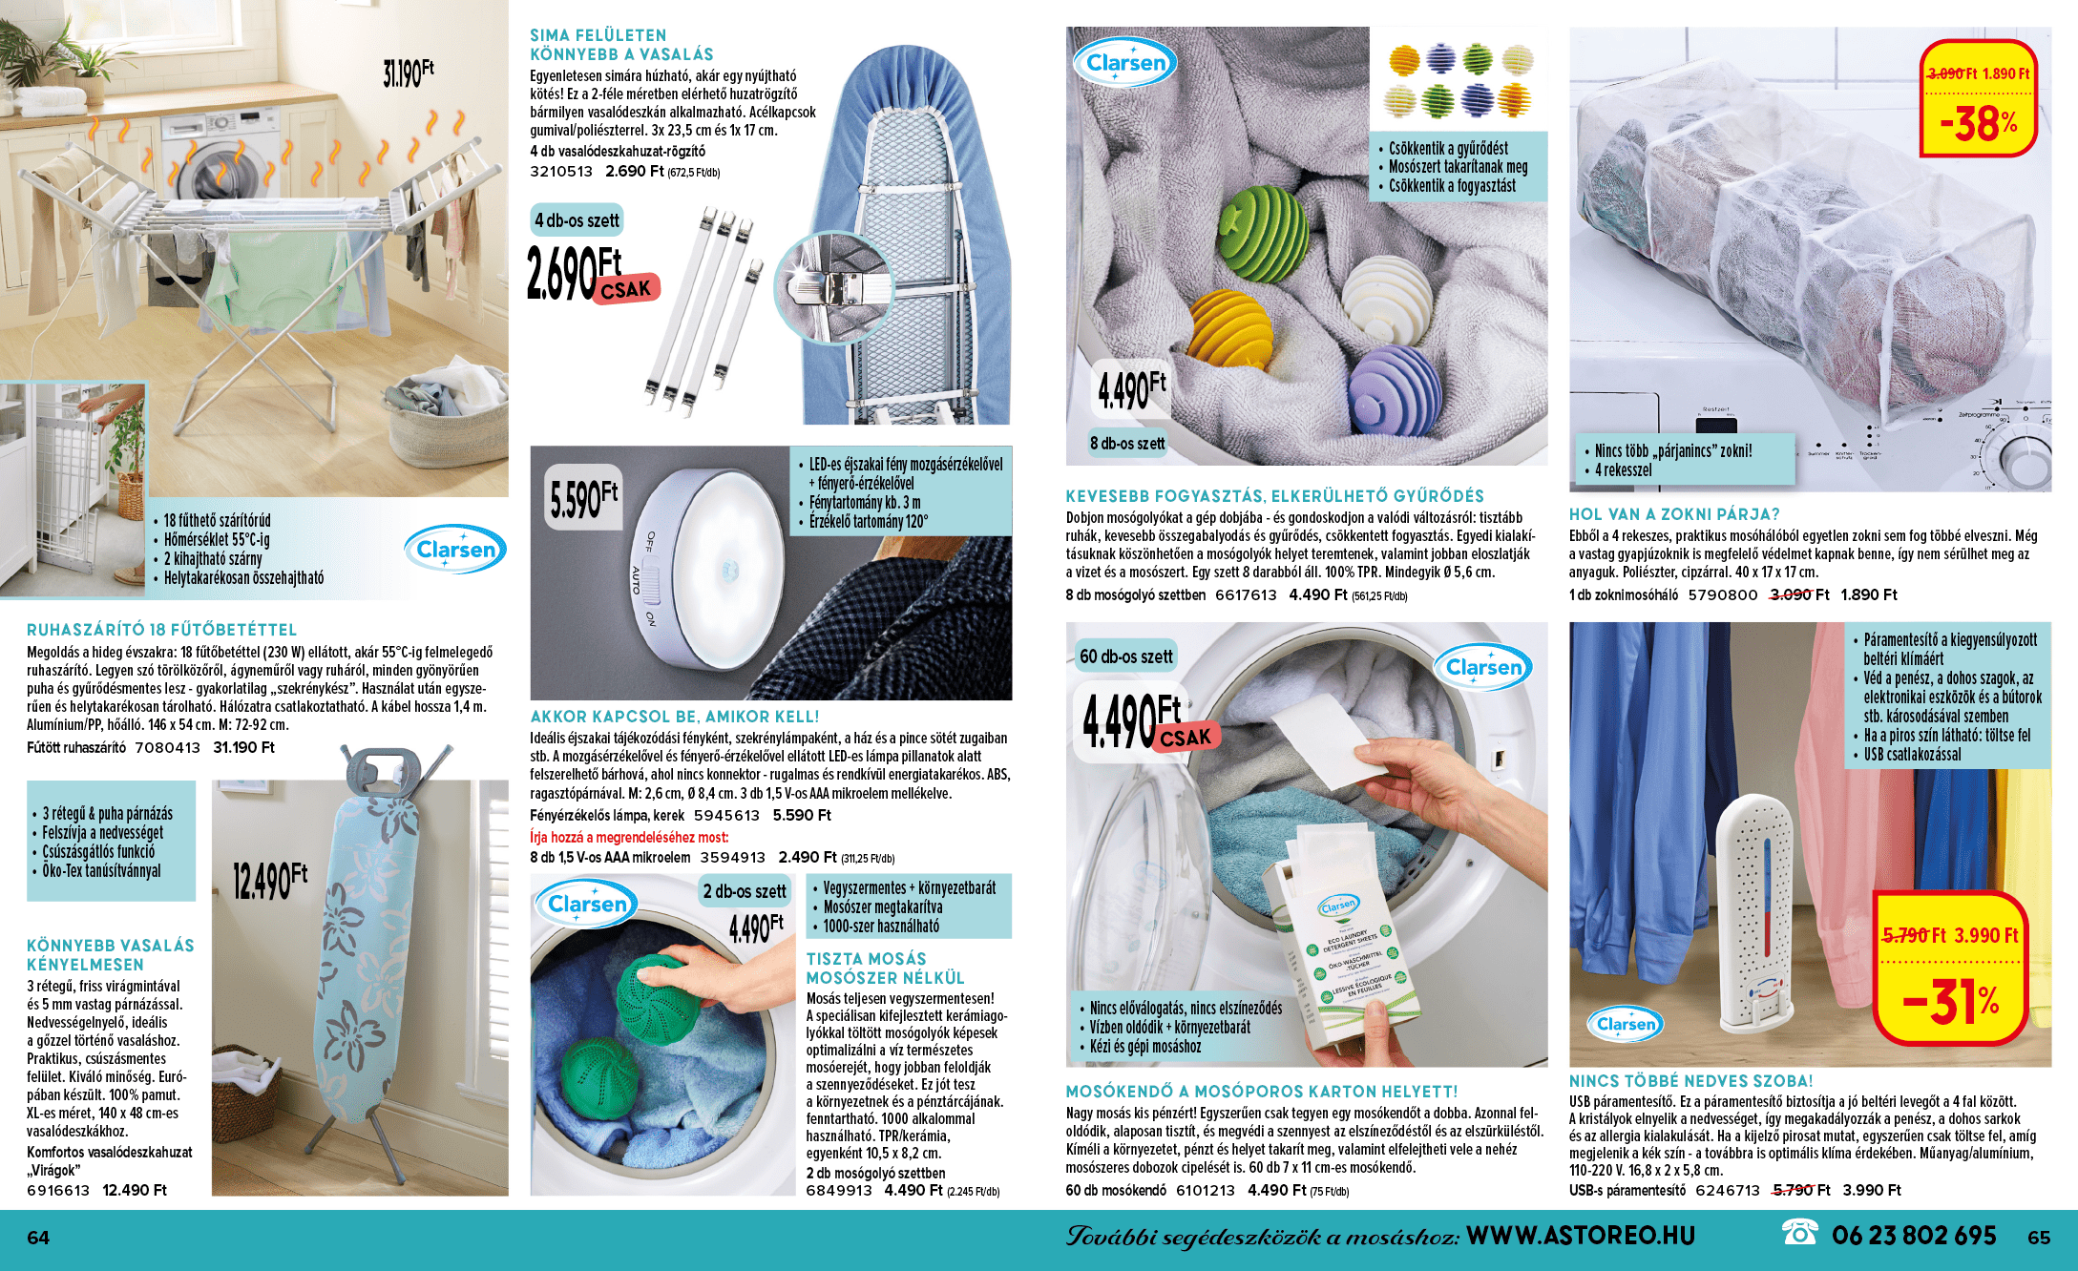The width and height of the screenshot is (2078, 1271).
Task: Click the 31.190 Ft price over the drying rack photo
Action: (x=409, y=73)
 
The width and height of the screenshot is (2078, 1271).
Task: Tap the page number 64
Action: (x=38, y=1238)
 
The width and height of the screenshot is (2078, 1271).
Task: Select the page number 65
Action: (x=2039, y=1238)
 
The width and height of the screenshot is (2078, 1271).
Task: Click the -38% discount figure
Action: (x=1979, y=124)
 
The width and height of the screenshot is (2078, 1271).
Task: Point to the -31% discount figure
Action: (x=1950, y=1001)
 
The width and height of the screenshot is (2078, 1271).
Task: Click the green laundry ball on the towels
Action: (x=1264, y=233)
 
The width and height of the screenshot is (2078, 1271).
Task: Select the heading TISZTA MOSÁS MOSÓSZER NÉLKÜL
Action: (x=885, y=968)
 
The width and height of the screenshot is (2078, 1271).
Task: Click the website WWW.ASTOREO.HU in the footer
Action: (x=1581, y=1236)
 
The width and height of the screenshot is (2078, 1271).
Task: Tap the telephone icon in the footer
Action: (x=1799, y=1234)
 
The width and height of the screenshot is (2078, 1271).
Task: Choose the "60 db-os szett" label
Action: (x=1126, y=656)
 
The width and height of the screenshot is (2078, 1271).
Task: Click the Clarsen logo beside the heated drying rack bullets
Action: (x=455, y=550)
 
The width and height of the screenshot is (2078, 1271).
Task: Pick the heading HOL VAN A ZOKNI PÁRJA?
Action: (x=1674, y=514)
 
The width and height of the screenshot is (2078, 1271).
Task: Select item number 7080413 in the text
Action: (x=168, y=748)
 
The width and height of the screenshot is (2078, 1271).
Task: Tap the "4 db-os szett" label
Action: (x=577, y=220)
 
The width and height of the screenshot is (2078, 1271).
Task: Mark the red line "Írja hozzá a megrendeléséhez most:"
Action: (x=629, y=837)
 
